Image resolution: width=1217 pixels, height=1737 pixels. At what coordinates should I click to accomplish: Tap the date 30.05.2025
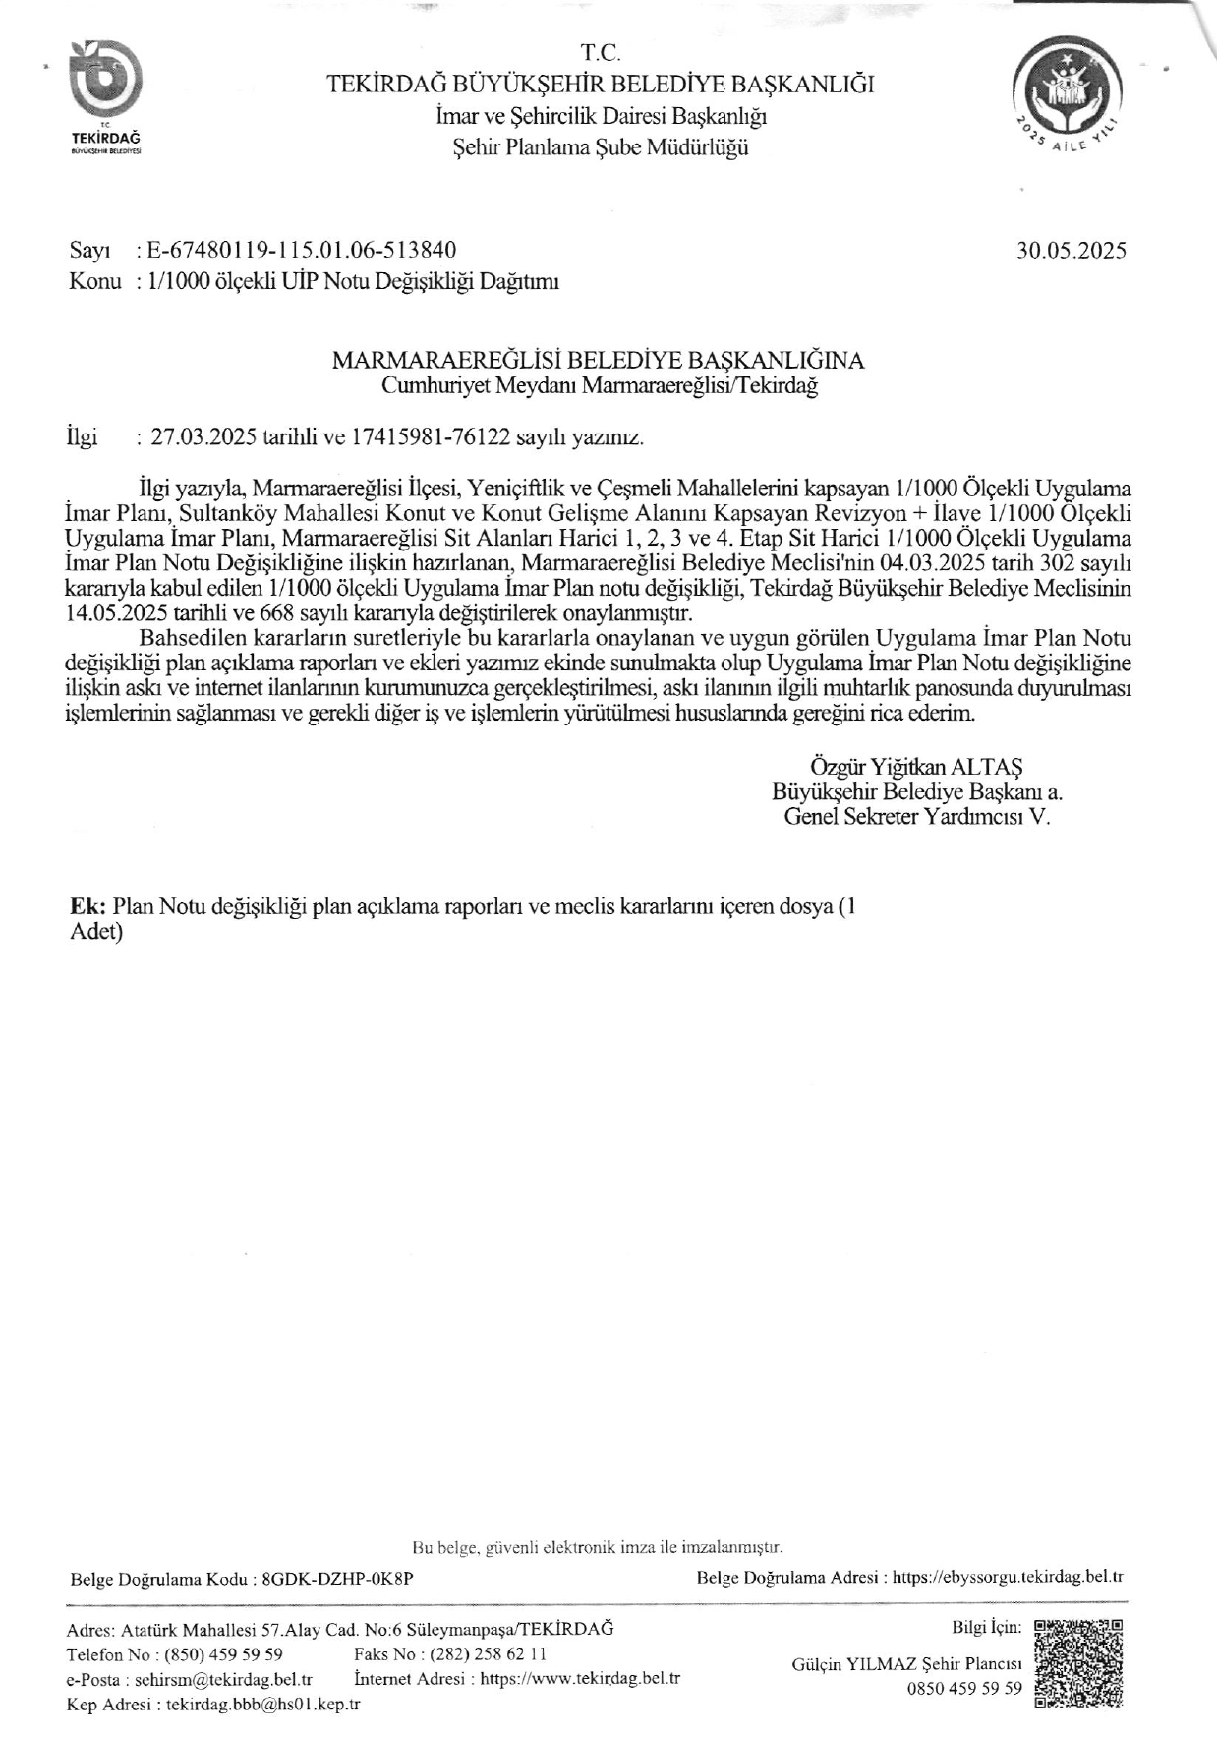[x=1072, y=250]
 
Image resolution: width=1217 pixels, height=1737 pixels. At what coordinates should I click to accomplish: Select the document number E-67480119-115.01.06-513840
[x=301, y=250]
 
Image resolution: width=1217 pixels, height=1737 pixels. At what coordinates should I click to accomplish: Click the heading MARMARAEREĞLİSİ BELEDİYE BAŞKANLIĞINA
[x=599, y=360]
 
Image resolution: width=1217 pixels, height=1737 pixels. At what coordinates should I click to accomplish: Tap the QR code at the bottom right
[x=1079, y=1662]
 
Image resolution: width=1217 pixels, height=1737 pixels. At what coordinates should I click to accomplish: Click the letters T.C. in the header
[x=600, y=53]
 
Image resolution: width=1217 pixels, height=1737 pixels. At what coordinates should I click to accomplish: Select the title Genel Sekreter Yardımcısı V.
[x=916, y=816]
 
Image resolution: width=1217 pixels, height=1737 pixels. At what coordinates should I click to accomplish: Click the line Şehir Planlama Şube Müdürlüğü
[x=600, y=147]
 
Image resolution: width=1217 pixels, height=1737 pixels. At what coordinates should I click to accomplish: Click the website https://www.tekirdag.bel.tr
[x=580, y=1678]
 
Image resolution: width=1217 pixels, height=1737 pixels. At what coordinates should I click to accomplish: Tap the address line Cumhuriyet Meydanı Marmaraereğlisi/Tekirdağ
[x=600, y=385]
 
